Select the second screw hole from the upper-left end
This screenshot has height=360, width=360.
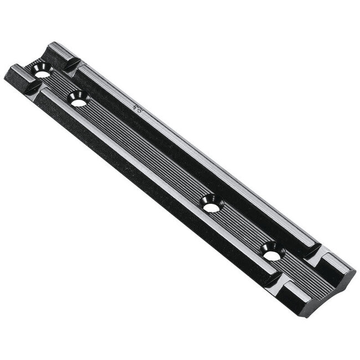tap(79, 102)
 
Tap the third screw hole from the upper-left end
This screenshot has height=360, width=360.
tap(210, 207)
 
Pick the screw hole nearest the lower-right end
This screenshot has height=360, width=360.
tap(271, 255)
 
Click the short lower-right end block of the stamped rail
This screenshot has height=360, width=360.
tap(337, 266)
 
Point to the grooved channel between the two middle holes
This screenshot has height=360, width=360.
tap(144, 155)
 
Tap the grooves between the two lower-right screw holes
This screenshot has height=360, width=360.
tap(241, 232)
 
